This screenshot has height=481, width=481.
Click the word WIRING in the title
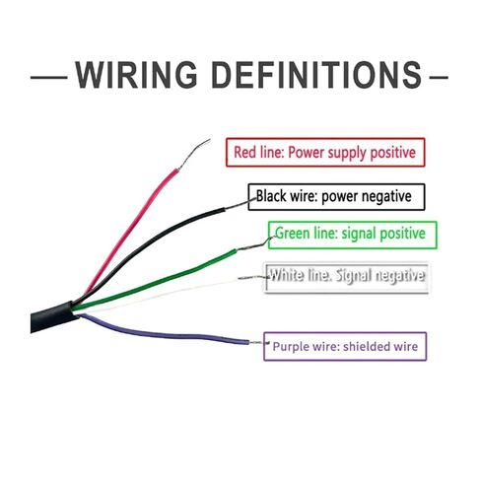(136, 75)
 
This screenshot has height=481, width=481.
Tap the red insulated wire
(131, 230)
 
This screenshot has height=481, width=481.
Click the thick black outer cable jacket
(52, 317)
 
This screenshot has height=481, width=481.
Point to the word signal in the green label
(355, 234)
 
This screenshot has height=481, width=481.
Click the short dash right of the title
(439, 78)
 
